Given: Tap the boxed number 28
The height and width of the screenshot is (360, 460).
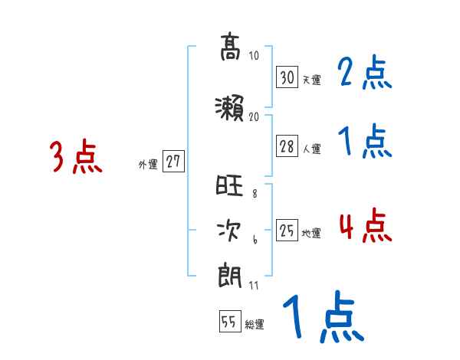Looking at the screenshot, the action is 287,146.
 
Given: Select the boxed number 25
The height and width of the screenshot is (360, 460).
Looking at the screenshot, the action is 287,231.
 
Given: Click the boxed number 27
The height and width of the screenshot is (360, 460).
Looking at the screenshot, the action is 174,162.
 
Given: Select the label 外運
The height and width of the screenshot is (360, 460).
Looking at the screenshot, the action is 147,164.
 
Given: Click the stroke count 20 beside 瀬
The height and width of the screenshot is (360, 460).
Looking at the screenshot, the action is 255,116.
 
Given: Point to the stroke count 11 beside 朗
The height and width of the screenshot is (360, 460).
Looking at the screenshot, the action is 255,286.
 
